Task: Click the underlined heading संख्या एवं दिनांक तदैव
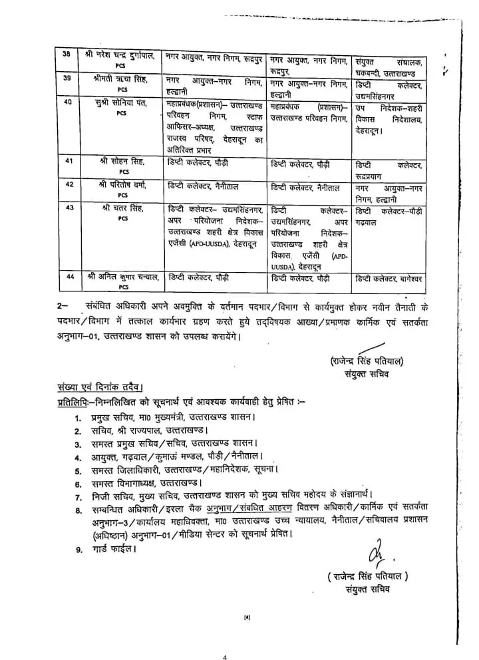pos(99,387)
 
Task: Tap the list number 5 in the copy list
pos(78,470)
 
